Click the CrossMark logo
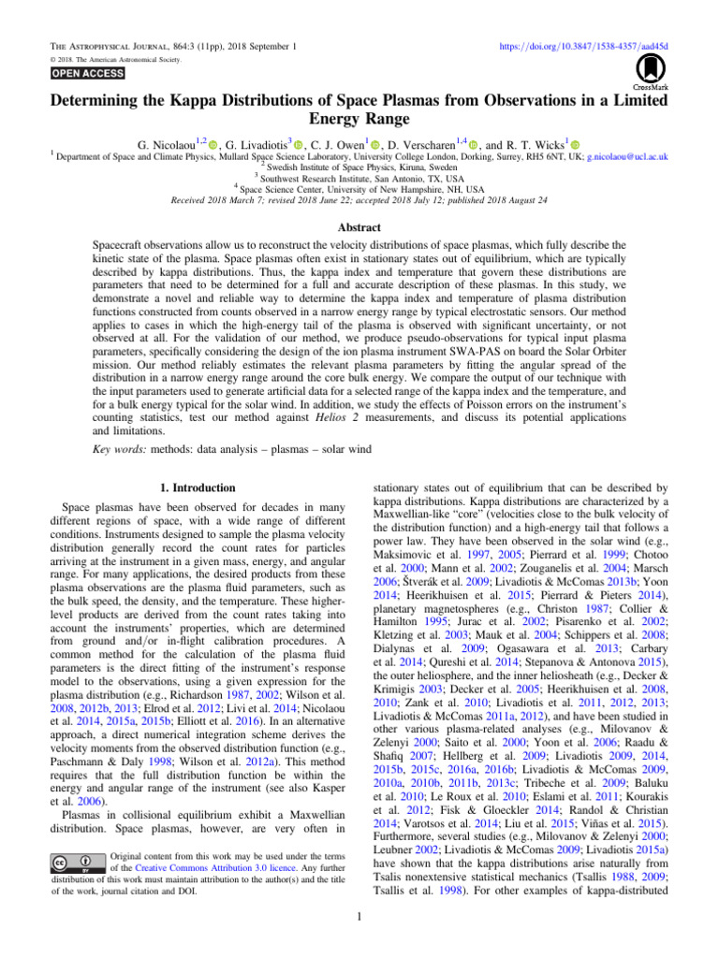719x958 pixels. point(646,70)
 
